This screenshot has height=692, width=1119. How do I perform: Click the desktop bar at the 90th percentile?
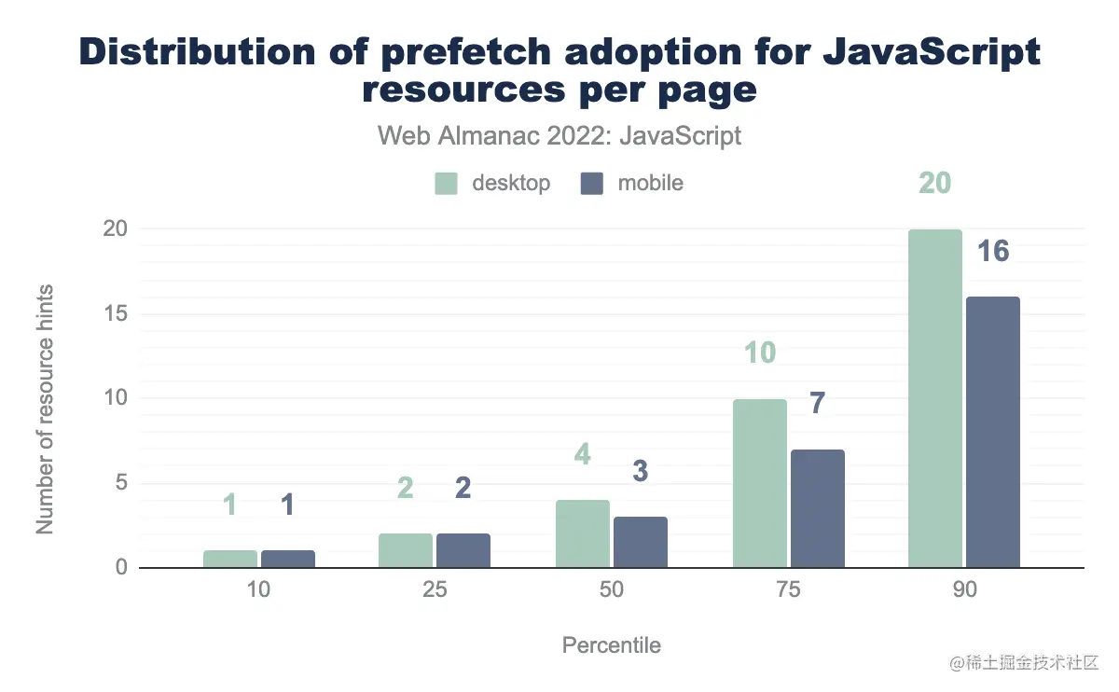point(935,399)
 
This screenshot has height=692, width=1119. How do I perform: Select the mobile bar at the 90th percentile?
point(993,433)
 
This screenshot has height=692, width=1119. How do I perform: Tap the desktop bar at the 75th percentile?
point(760,484)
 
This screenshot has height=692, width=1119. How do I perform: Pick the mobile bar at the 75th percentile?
point(818,509)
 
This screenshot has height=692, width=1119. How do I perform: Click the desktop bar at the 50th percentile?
point(583,534)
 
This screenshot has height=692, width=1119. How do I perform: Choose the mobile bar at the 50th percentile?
point(641,543)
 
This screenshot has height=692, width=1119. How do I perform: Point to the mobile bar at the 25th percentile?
point(463,551)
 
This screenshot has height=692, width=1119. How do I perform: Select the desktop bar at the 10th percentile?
point(230,560)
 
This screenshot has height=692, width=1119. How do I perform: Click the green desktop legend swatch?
point(447,184)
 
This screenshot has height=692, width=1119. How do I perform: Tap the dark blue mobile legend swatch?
point(593,184)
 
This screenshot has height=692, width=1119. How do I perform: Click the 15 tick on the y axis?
point(116,314)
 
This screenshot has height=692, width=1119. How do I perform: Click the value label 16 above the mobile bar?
point(993,251)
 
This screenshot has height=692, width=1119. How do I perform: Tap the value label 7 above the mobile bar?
point(817,404)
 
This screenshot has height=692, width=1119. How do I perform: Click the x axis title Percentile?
point(612,645)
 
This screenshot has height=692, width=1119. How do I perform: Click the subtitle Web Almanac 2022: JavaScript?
point(559,135)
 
